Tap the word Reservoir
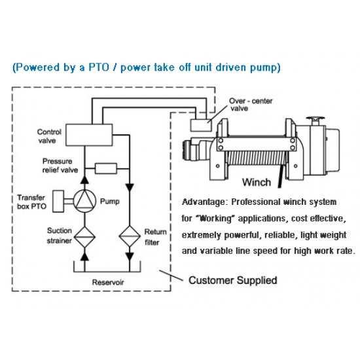pyautogui.click(x=108, y=282)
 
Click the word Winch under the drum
pyautogui.click(x=257, y=183)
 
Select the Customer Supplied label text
pyautogui.click(x=233, y=280)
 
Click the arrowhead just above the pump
pyautogui.click(x=84, y=179)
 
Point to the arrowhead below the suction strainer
pyautogui.click(x=84, y=257)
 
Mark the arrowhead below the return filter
pyautogui.click(x=130, y=257)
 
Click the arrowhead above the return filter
pyautogui.click(x=130, y=187)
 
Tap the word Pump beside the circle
pyautogui.click(x=110, y=202)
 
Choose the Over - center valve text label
pyautogui.click(x=251, y=105)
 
